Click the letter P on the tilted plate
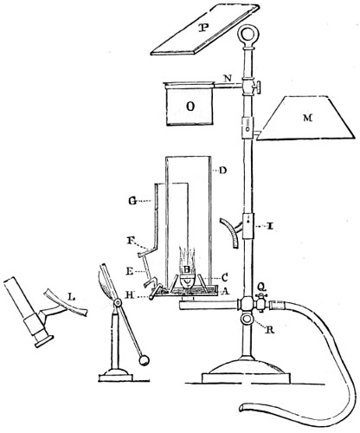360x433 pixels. click(x=205, y=28)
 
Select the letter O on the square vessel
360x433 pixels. click(x=190, y=107)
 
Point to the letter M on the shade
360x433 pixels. click(x=307, y=118)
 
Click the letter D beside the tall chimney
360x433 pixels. click(x=222, y=171)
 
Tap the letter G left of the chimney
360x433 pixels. click(x=132, y=201)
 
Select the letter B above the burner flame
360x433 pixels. click(x=187, y=269)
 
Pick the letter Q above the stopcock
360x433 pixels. click(x=261, y=287)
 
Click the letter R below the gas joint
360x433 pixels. click(x=270, y=330)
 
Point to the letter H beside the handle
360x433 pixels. click(x=130, y=294)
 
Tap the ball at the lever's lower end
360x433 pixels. click(x=144, y=360)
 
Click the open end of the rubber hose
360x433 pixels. click(x=241, y=408)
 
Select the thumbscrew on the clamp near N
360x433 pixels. click(x=258, y=87)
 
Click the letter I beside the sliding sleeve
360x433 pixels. click(x=270, y=227)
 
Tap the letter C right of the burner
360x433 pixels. click(x=225, y=278)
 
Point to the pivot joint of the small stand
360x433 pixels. click(x=117, y=303)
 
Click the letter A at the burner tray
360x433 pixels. click(x=225, y=292)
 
